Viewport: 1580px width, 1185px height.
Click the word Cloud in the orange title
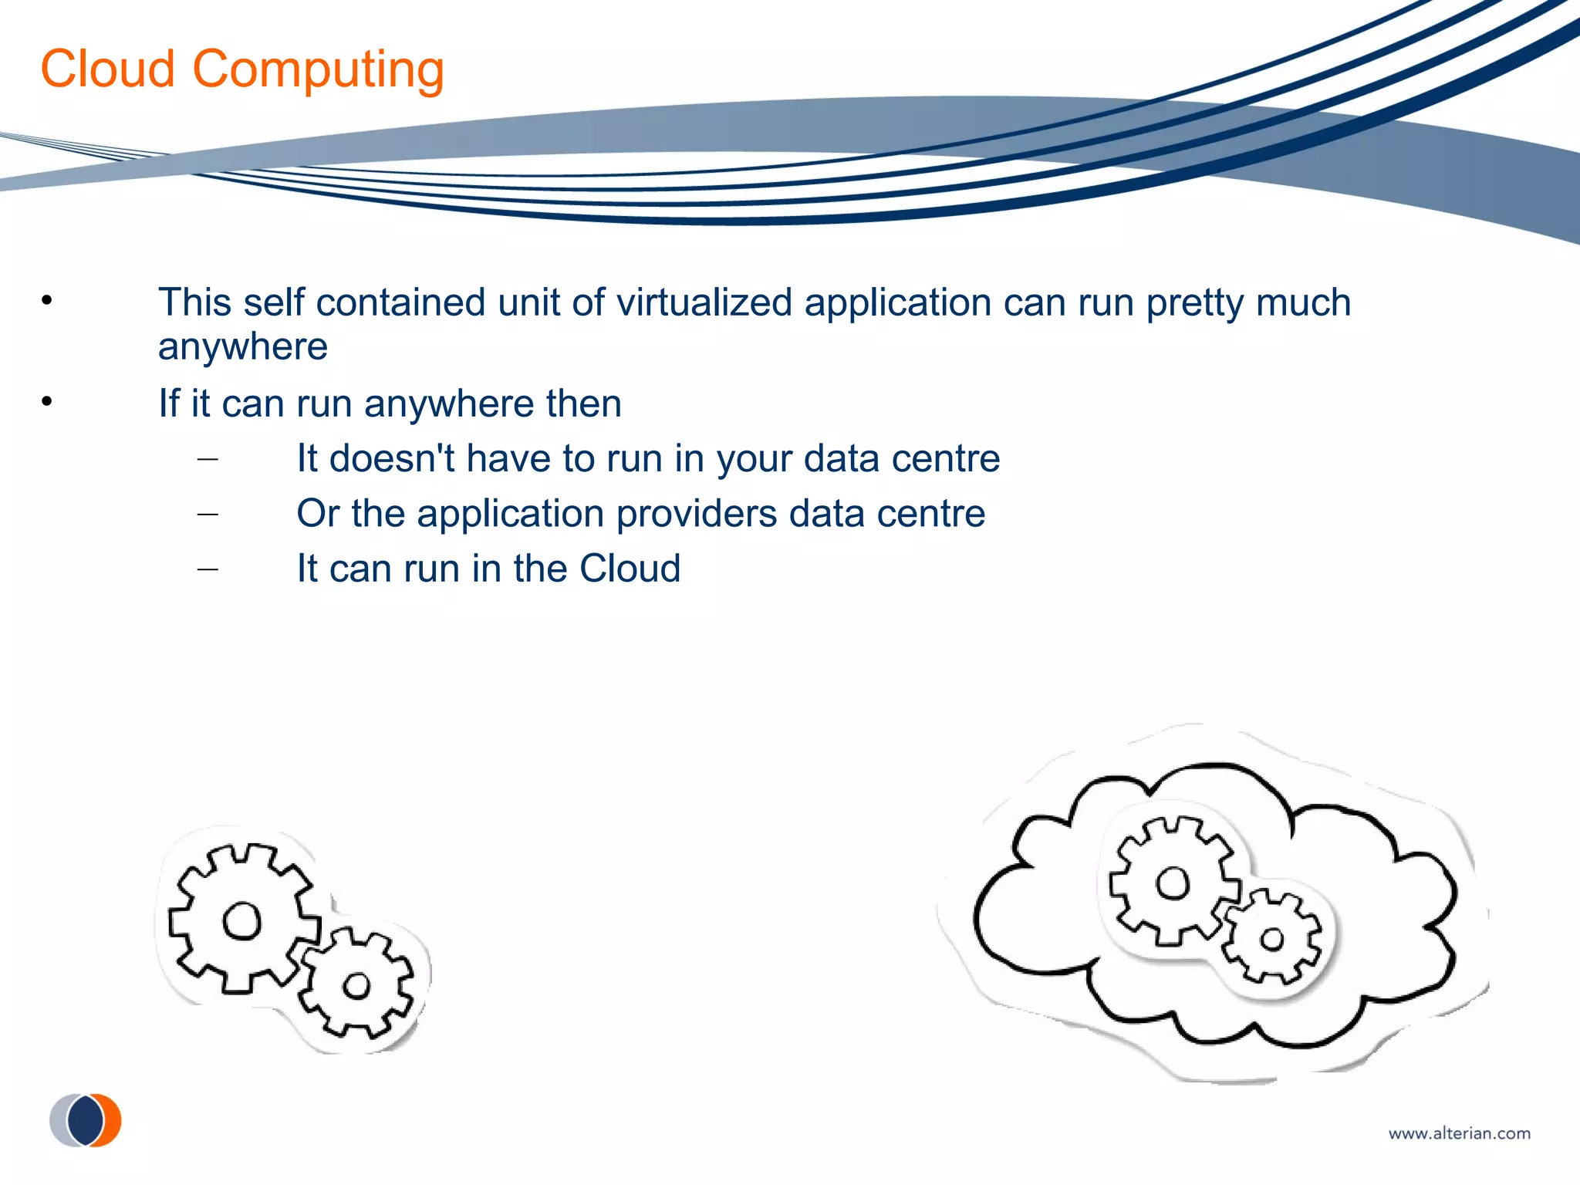108,69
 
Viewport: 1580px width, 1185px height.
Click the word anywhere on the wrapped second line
243,347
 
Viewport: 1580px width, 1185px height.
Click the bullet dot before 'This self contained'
47,300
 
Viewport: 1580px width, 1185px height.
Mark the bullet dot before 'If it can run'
47,401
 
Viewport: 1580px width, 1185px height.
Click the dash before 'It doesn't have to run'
208,460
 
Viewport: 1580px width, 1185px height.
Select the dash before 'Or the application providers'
208,515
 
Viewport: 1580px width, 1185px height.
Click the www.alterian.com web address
1459,1133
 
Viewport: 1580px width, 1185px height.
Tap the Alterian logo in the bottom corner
86,1120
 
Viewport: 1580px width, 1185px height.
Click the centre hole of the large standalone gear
242,920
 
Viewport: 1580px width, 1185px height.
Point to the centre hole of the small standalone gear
356,985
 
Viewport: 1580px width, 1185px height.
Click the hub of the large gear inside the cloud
1173,883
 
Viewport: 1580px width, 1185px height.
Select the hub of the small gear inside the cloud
1271,939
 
